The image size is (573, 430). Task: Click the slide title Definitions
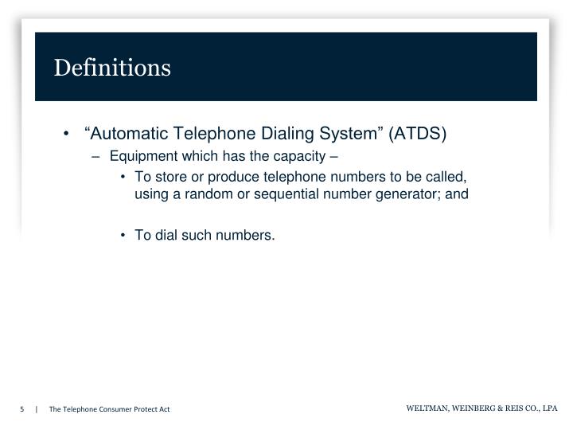coord(112,68)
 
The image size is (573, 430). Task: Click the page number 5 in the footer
coord(22,409)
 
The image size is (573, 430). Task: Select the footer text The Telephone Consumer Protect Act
coord(109,409)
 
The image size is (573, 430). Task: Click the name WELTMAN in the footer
coord(427,408)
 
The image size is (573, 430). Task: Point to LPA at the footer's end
coord(550,408)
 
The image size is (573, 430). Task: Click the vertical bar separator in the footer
coord(37,409)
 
